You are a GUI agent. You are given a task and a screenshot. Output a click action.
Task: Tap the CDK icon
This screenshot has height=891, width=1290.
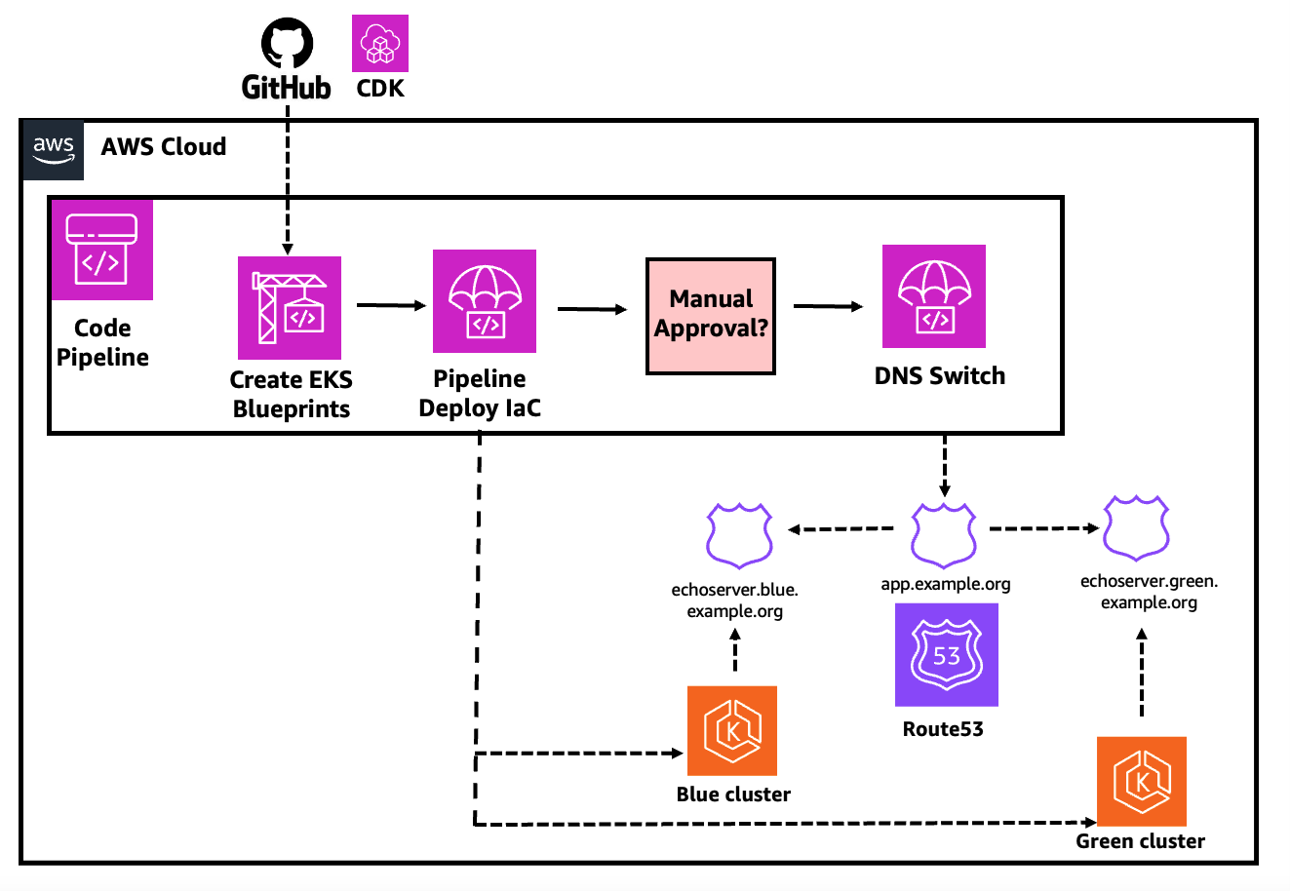380,44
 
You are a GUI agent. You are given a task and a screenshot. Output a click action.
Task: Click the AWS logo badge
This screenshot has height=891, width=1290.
53,150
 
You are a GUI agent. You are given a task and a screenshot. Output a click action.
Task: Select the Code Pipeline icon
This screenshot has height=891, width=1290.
101,250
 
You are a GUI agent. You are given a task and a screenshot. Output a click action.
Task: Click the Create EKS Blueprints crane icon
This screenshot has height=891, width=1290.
290,308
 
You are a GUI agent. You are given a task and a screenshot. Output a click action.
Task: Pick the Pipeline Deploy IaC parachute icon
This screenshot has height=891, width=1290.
485,301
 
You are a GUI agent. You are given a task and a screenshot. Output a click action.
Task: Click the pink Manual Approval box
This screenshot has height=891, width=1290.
711,316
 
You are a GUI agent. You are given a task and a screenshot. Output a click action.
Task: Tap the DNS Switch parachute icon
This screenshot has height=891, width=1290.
933,296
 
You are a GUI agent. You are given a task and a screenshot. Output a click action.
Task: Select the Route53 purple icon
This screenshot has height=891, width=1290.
946,654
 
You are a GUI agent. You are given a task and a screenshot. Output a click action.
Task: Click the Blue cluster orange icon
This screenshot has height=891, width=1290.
732,731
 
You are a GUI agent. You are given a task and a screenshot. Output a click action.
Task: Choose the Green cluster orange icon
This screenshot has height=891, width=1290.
1141,781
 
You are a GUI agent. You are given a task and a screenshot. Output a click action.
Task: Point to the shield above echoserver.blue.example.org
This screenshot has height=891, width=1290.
739,535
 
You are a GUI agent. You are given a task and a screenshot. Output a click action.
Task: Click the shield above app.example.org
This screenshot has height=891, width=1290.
944,535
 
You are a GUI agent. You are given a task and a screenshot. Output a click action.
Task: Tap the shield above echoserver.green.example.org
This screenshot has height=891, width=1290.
1136,529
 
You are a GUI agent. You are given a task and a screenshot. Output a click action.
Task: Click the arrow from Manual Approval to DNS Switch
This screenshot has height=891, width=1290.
828,307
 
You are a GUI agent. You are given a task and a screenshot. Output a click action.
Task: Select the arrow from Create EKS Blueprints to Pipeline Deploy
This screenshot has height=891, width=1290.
391,306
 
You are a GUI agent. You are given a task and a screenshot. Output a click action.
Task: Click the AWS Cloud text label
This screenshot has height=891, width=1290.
164,147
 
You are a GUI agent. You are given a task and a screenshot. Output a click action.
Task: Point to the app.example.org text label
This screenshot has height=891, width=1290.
945,584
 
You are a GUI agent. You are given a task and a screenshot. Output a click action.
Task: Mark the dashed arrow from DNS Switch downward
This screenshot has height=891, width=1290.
944,466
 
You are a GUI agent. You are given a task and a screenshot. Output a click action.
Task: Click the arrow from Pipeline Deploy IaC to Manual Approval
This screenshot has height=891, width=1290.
592,310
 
